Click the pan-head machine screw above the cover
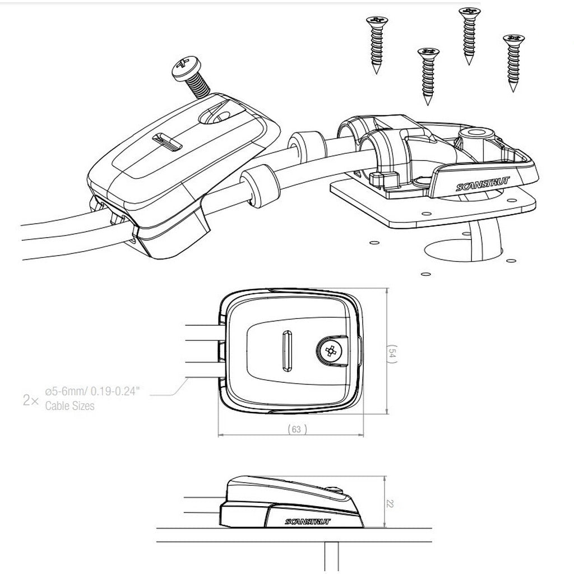coord(191,77)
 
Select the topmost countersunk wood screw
coord(469,35)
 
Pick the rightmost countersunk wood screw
coord(513,63)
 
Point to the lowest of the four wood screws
coord(428,76)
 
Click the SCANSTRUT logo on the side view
coord(308,521)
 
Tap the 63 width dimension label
coord(297,429)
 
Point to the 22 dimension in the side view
coord(390,504)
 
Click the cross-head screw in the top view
coord(330,351)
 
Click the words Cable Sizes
coord(70,406)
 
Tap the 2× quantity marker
coord(31,400)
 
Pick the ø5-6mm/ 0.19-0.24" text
coord(92,391)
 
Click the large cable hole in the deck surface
coord(464,249)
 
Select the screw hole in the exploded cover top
coord(215,117)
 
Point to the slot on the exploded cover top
coord(167,142)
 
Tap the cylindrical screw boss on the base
coord(476,138)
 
